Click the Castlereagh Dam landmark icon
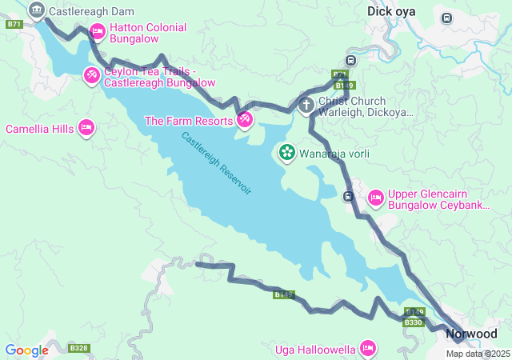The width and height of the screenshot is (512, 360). pos(36,10)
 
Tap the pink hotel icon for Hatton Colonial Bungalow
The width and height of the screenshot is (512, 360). pos(98,32)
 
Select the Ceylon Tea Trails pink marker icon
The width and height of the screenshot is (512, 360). pos(92,75)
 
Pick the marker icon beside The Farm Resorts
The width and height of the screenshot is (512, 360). pos(245,121)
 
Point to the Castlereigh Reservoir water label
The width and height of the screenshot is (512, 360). pos(216,163)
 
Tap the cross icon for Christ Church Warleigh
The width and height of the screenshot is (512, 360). pos(306,106)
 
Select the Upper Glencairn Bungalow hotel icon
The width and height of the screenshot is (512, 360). pos(375,198)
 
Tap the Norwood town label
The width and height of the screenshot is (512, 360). pos(471,334)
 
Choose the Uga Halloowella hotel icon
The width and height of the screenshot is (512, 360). pos(368,347)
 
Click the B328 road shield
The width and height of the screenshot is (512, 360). pos(78,348)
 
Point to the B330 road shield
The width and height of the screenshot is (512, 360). pos(413,322)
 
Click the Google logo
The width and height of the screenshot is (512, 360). pos(26,350)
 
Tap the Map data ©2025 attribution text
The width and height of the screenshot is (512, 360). pos(478,354)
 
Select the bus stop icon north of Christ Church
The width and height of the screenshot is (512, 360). pos(350,61)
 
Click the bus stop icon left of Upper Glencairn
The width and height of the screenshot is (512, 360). pos(348,196)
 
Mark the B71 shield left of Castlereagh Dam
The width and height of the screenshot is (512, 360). pos(14,25)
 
